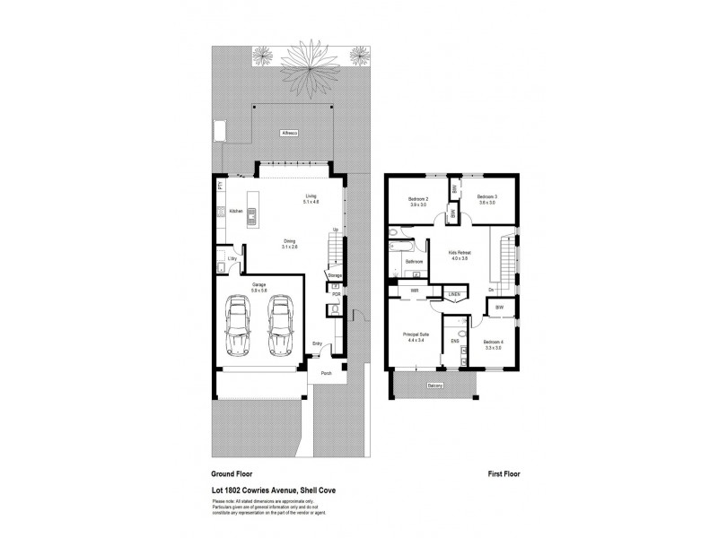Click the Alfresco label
click(289, 133)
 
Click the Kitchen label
click(236, 212)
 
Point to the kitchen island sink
click(253, 213)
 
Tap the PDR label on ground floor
click(336, 293)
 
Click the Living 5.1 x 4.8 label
click(311, 198)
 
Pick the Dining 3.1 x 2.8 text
click(290, 243)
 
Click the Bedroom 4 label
click(492, 343)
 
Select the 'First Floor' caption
click(503, 473)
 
